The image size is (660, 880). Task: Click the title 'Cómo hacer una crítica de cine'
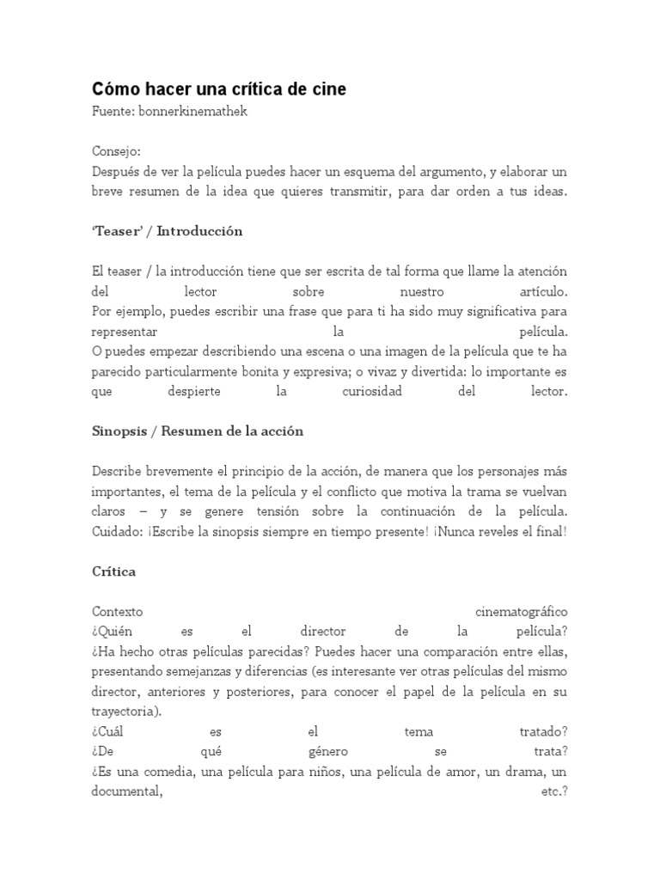click(219, 89)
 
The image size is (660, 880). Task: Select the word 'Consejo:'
click(116, 151)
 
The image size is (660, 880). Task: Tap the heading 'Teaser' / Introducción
click(167, 231)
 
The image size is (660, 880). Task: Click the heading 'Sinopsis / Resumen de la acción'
click(198, 431)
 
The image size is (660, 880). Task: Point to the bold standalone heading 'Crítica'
click(113, 571)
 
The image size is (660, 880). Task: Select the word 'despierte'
click(196, 391)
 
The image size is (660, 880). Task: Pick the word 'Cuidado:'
click(118, 531)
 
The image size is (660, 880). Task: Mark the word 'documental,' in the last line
click(126, 791)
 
